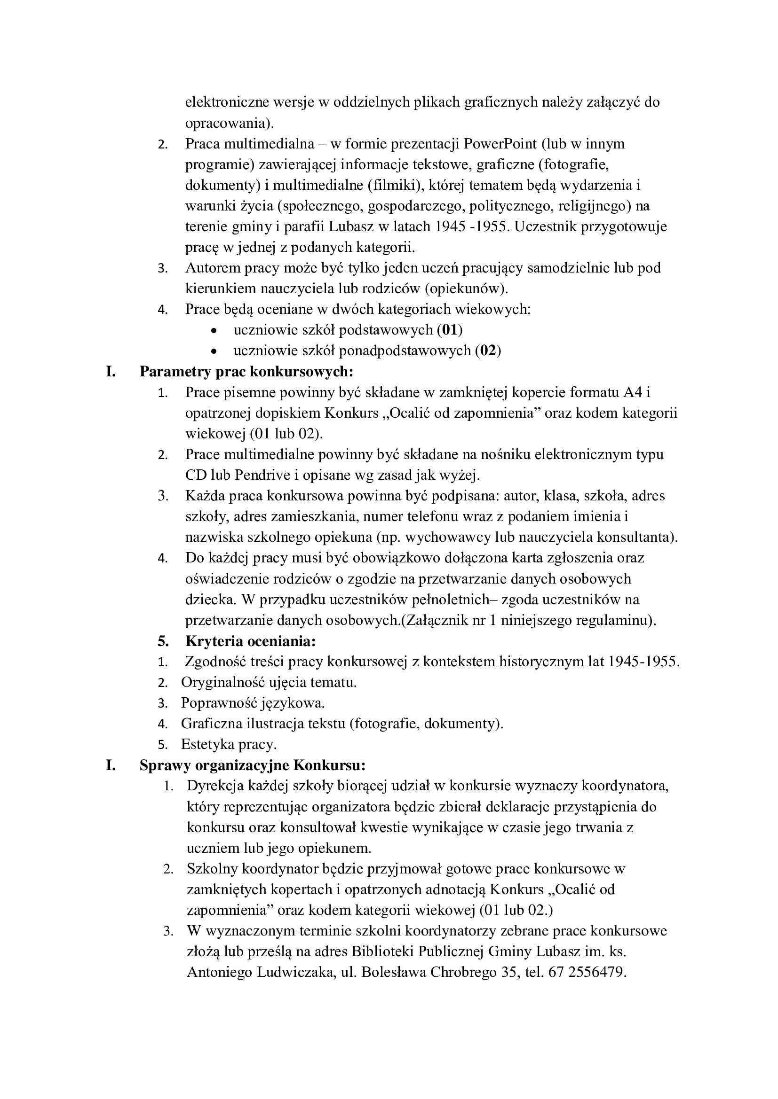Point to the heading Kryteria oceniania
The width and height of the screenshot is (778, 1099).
(251, 641)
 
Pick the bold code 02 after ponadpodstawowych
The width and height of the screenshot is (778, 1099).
(488, 351)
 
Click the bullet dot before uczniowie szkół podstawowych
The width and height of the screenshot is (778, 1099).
(214, 331)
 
